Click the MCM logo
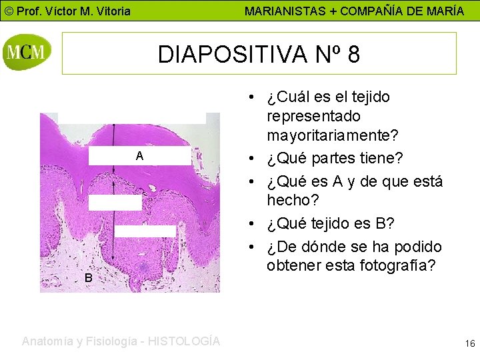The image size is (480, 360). (x=27, y=52)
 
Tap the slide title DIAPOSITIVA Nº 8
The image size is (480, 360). (x=259, y=54)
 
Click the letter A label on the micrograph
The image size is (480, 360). (x=139, y=156)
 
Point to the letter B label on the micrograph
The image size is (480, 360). (x=88, y=277)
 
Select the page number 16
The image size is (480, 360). (x=470, y=344)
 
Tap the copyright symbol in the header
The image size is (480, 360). (x=7, y=11)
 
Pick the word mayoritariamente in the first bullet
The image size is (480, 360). (x=333, y=135)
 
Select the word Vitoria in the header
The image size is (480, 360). (x=111, y=11)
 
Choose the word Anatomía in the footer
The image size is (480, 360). (x=49, y=341)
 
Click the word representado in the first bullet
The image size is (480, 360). (x=313, y=116)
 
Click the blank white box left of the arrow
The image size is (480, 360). (x=115, y=203)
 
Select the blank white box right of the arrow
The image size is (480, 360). (x=145, y=231)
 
